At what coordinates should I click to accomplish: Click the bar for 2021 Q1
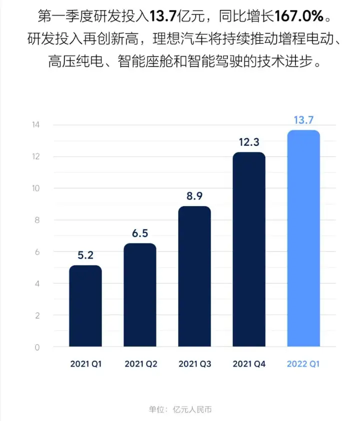pyautogui.click(x=85, y=306)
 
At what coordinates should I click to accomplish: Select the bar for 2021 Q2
pyautogui.click(x=140, y=295)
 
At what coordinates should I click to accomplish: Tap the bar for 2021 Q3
pyautogui.click(x=194, y=276)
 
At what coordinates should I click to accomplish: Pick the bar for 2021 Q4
pyautogui.click(x=249, y=249)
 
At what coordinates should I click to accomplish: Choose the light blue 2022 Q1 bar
pyautogui.click(x=303, y=238)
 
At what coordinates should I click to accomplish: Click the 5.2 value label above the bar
pyautogui.click(x=85, y=255)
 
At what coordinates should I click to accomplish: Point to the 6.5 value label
pyautogui.click(x=140, y=233)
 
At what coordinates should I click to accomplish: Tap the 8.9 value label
pyautogui.click(x=194, y=196)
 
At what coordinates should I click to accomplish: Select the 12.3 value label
pyautogui.click(x=249, y=142)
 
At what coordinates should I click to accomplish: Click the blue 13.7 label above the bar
pyautogui.click(x=303, y=120)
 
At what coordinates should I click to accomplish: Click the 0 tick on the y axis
pyautogui.click(x=36, y=347)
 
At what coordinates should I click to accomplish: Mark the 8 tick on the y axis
pyautogui.click(x=36, y=220)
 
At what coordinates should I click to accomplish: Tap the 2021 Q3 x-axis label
pyautogui.click(x=194, y=364)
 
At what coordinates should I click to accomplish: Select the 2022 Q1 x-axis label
pyautogui.click(x=303, y=364)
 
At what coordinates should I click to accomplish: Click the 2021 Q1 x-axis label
pyautogui.click(x=85, y=364)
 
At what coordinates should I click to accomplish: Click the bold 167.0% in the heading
pyautogui.click(x=299, y=17)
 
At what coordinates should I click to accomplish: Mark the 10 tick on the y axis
pyautogui.click(x=35, y=188)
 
